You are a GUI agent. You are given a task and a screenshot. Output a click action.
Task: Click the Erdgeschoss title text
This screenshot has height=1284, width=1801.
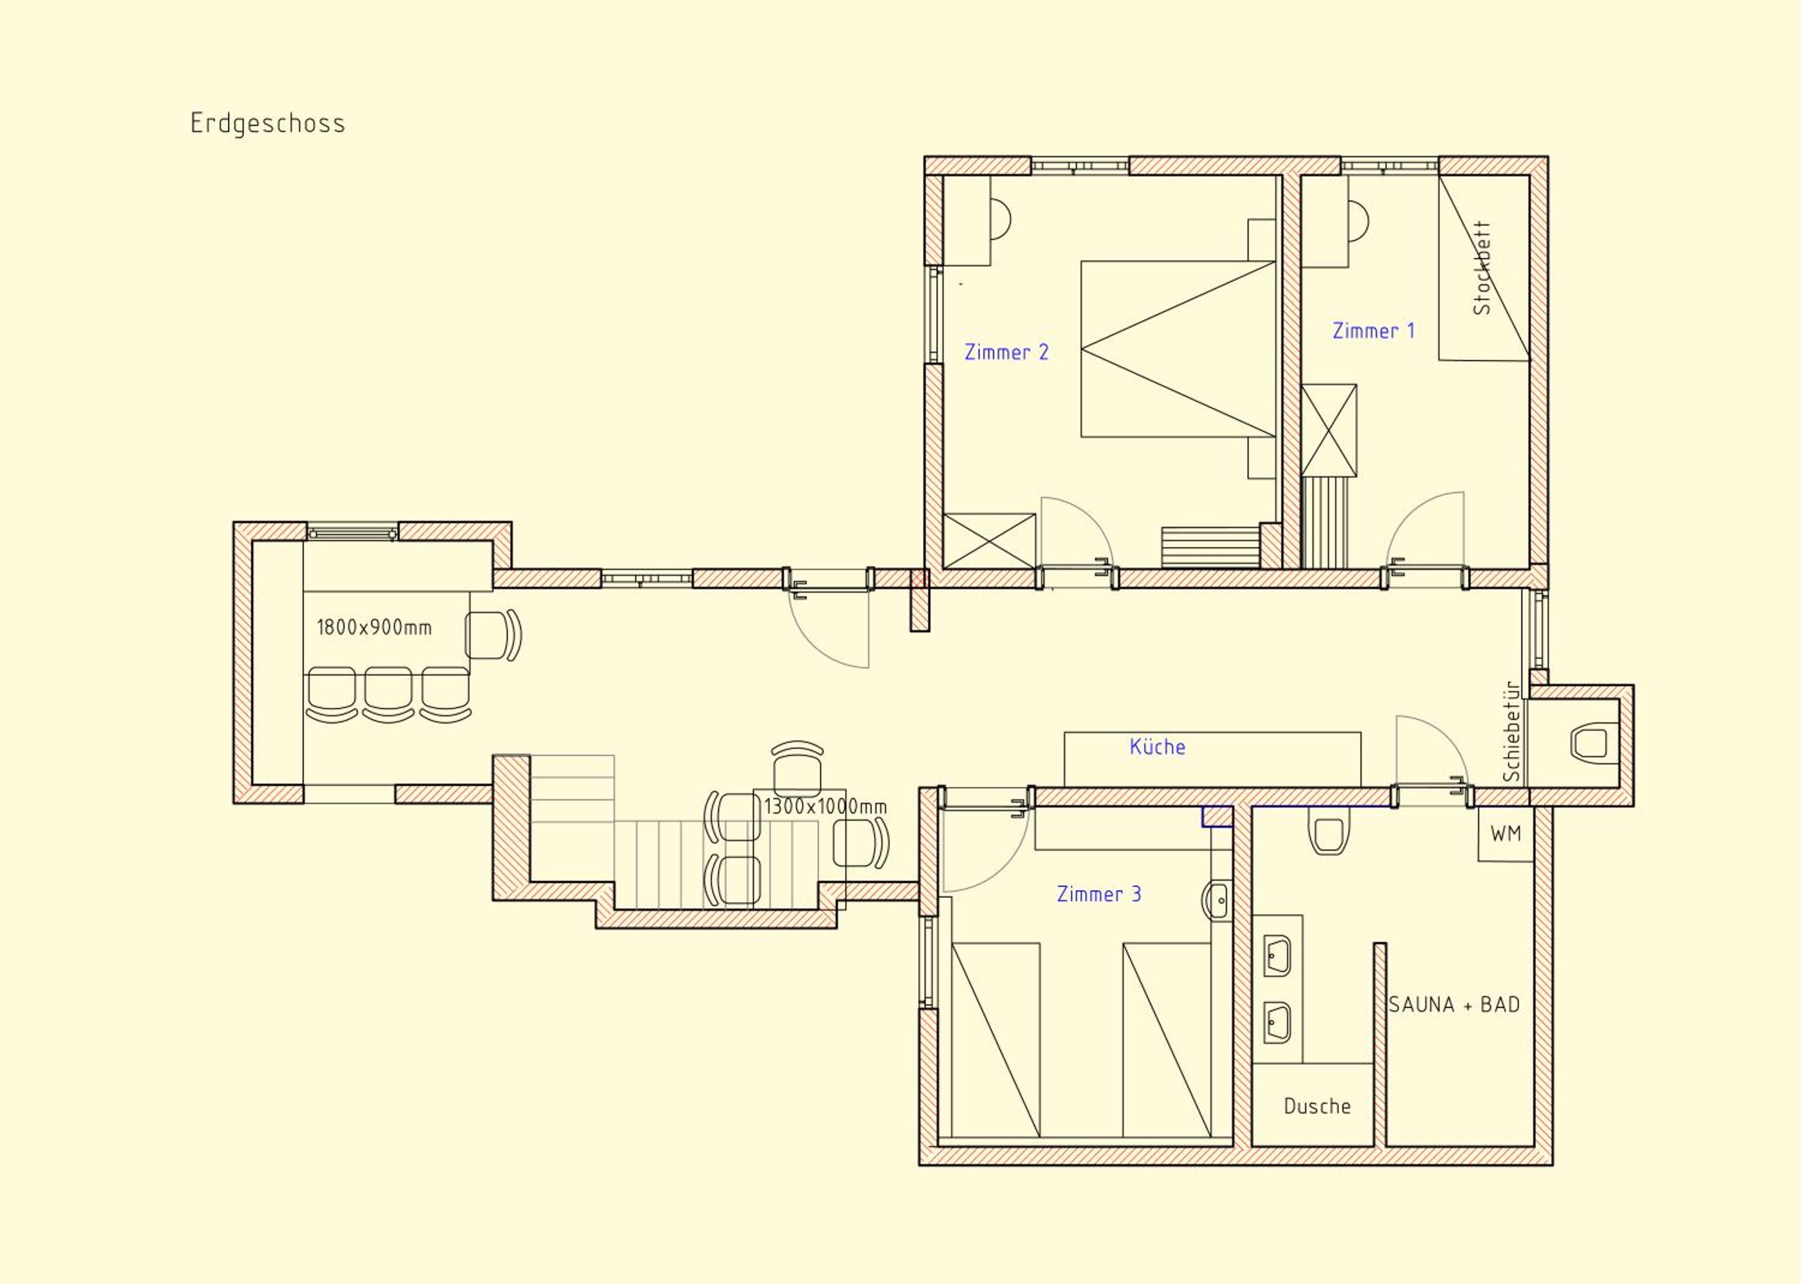coord(267,124)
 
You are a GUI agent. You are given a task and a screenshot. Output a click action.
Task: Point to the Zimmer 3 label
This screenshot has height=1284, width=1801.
coord(1099,894)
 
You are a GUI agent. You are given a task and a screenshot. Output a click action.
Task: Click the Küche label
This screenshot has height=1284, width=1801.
coord(1157,746)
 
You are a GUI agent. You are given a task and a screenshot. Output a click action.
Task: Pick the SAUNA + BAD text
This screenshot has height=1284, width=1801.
coord(1454,1005)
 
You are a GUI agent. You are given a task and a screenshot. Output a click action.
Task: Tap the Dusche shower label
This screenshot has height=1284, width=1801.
coord(1317,1106)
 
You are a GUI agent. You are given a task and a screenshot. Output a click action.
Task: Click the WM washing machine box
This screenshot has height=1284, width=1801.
coord(1505,834)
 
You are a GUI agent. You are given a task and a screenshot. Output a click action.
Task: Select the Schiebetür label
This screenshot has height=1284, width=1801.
coord(1512,731)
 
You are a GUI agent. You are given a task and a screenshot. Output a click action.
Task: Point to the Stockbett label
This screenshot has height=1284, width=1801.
coord(1482,268)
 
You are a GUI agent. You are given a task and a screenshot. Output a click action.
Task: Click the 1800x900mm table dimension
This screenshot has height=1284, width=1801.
coord(374,628)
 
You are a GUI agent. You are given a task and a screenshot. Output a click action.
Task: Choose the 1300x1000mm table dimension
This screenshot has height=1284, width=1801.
coord(825,806)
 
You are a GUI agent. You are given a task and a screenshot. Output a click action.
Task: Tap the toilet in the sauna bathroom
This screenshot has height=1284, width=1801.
coord(1329,831)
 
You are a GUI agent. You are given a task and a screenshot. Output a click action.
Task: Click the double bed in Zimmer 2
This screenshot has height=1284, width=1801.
coord(1178,349)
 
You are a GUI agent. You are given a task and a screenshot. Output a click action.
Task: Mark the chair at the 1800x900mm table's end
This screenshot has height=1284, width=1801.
coord(493,635)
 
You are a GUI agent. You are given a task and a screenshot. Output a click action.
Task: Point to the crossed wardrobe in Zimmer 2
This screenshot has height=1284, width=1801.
coord(989,541)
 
